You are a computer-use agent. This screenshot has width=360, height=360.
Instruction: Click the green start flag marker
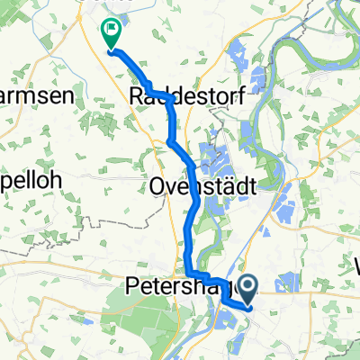coord(112,34)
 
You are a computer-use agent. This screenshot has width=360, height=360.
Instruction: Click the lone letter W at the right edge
coord(354,266)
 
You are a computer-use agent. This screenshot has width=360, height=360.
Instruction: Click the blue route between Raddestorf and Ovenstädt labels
coord(171,135)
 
